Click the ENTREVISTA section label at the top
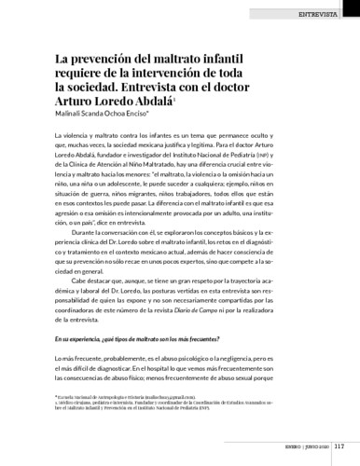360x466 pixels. point(322,17)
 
